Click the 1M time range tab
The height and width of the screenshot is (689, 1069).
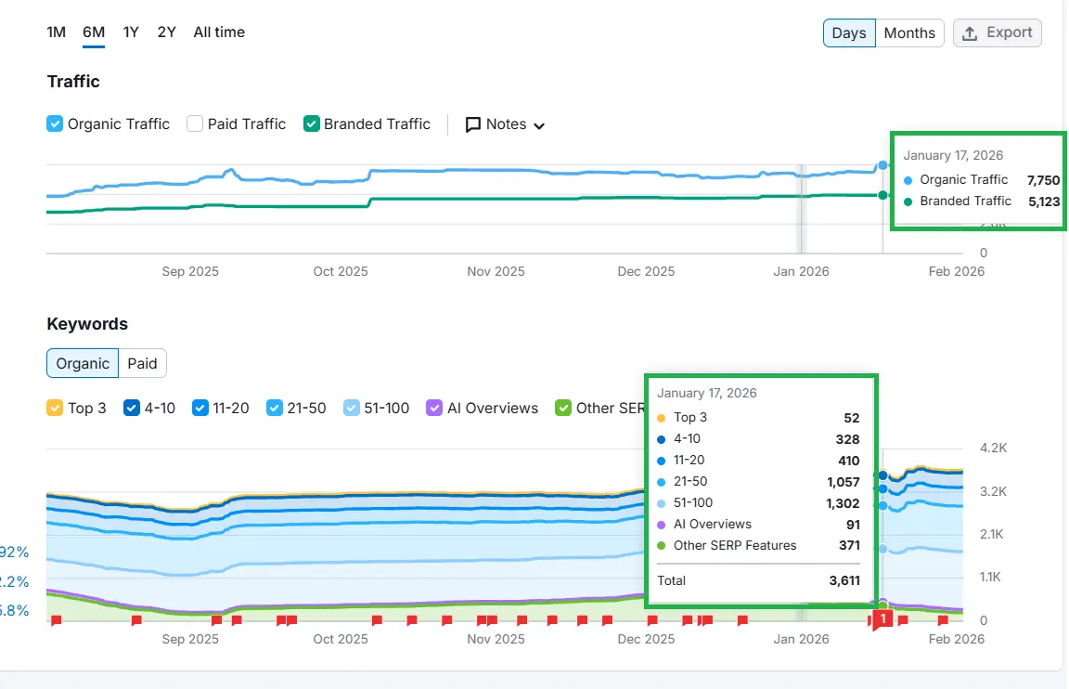pyautogui.click(x=57, y=32)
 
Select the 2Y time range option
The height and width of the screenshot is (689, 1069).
pyautogui.click(x=166, y=32)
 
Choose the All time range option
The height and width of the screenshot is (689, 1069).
pyautogui.click(x=219, y=32)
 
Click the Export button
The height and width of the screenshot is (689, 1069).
pyautogui.click(x=998, y=32)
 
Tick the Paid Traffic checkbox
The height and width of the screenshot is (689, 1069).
pyautogui.click(x=195, y=123)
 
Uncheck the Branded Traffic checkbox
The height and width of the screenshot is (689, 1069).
pyautogui.click(x=312, y=123)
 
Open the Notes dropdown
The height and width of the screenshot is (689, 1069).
pyautogui.click(x=505, y=124)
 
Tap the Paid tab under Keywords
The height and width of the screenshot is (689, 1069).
pyautogui.click(x=142, y=364)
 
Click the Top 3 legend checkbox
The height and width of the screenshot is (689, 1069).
pyautogui.click(x=55, y=408)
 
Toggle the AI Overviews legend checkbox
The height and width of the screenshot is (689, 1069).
pyautogui.click(x=434, y=408)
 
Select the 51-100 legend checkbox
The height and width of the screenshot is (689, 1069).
pyautogui.click(x=353, y=408)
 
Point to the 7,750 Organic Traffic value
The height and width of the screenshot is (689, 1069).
pyautogui.click(x=1043, y=180)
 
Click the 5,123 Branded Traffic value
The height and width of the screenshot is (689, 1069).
pyautogui.click(x=1043, y=201)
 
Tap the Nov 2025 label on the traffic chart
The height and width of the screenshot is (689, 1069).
pyautogui.click(x=496, y=272)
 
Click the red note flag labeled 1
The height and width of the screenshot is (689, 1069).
pyautogui.click(x=882, y=618)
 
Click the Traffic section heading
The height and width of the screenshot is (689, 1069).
pyautogui.click(x=73, y=82)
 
